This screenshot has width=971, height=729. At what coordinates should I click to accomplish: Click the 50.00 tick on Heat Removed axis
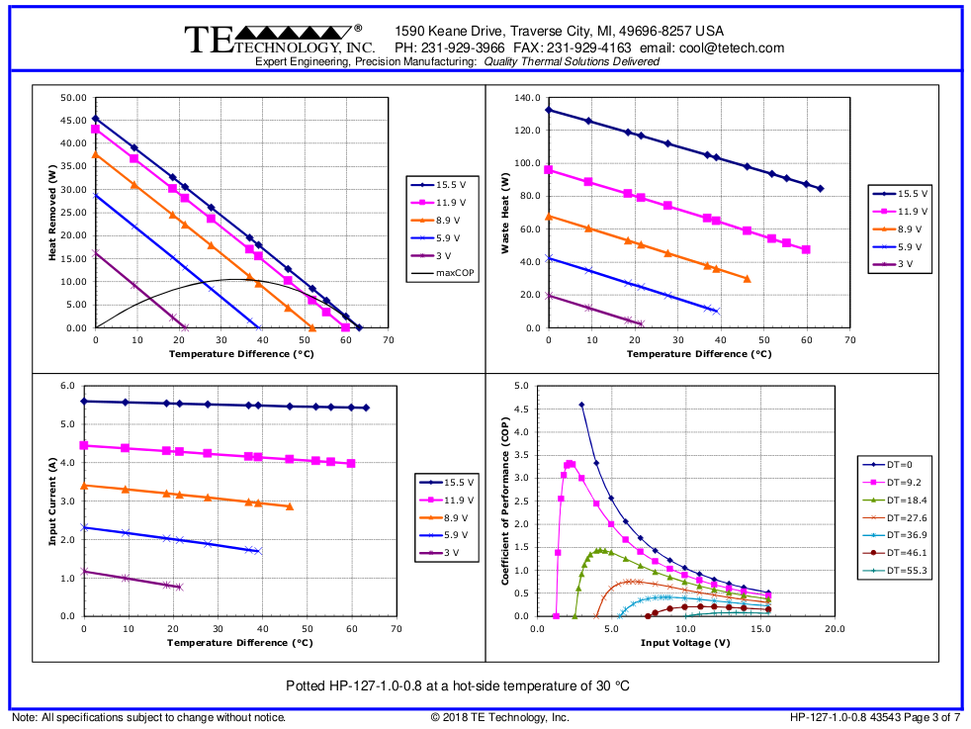(73, 98)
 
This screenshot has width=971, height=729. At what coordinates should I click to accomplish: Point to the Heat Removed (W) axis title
(52, 213)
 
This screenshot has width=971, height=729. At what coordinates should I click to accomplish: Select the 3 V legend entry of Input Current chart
(450, 553)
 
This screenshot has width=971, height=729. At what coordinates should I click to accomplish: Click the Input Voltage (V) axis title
(685, 642)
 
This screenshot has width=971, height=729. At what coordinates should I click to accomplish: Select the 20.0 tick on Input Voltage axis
(835, 629)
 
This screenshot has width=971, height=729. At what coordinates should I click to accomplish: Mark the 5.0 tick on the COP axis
(520, 386)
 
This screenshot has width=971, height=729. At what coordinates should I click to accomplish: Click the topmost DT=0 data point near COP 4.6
(581, 405)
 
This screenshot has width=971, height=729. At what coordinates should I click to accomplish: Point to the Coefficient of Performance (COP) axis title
(505, 501)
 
